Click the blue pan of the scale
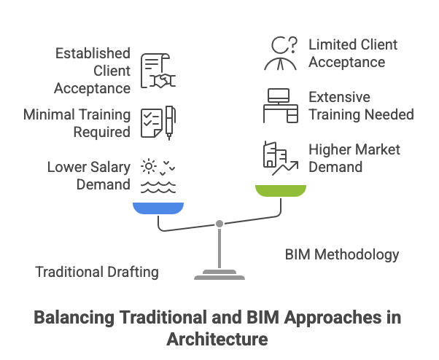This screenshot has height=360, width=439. click(x=158, y=208)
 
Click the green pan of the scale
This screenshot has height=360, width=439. click(x=280, y=191)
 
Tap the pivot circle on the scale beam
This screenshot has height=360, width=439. click(x=219, y=224)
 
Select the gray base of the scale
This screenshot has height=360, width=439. click(x=219, y=275)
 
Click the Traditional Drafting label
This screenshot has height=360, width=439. click(x=97, y=272)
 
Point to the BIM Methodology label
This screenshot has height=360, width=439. click(x=341, y=254)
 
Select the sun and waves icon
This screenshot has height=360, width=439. click(x=158, y=175)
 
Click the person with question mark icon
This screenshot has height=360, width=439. click(x=281, y=53)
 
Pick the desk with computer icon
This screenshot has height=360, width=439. click(x=281, y=105)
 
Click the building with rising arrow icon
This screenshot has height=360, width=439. click(x=280, y=157)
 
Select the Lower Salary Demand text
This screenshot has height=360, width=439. click(x=89, y=175)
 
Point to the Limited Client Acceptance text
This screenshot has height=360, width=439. click(x=353, y=53)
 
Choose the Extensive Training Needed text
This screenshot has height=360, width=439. click(x=360, y=106)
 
